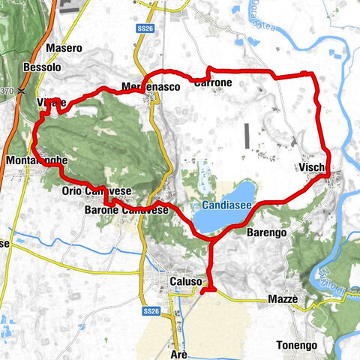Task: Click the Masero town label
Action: click(64, 48)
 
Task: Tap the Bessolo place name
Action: click(43, 67)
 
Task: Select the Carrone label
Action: click(213, 82)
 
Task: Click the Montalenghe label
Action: click(36, 161)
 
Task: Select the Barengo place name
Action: click(266, 233)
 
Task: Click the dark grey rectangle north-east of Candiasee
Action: click(246, 136)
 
